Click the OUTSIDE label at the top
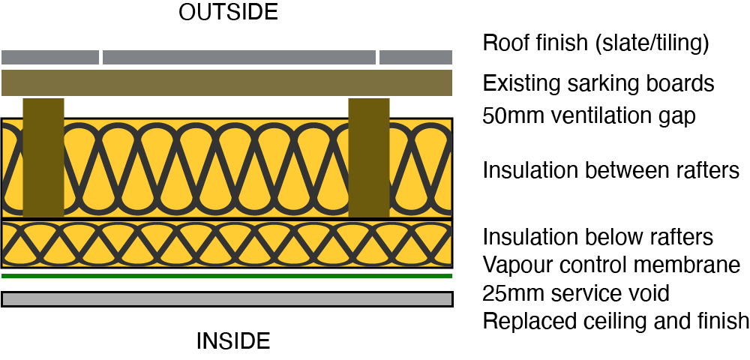coord(228,13)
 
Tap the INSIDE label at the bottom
coord(232,341)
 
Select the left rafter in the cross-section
coord(43,157)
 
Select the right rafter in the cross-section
coord(369,157)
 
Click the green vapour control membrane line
coord(226,276)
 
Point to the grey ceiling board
coord(226,299)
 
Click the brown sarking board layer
coord(226,82)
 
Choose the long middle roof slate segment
coord(238,57)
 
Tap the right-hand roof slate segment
coord(415,57)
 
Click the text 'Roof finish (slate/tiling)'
coord(595,44)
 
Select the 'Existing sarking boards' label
coord(598,82)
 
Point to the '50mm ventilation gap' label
coord(589,116)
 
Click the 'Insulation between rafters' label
coord(611,171)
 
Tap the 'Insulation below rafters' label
coord(598,237)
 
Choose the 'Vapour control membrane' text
coord(611,265)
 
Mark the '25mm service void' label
coord(576,292)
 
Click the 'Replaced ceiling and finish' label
coord(616,321)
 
